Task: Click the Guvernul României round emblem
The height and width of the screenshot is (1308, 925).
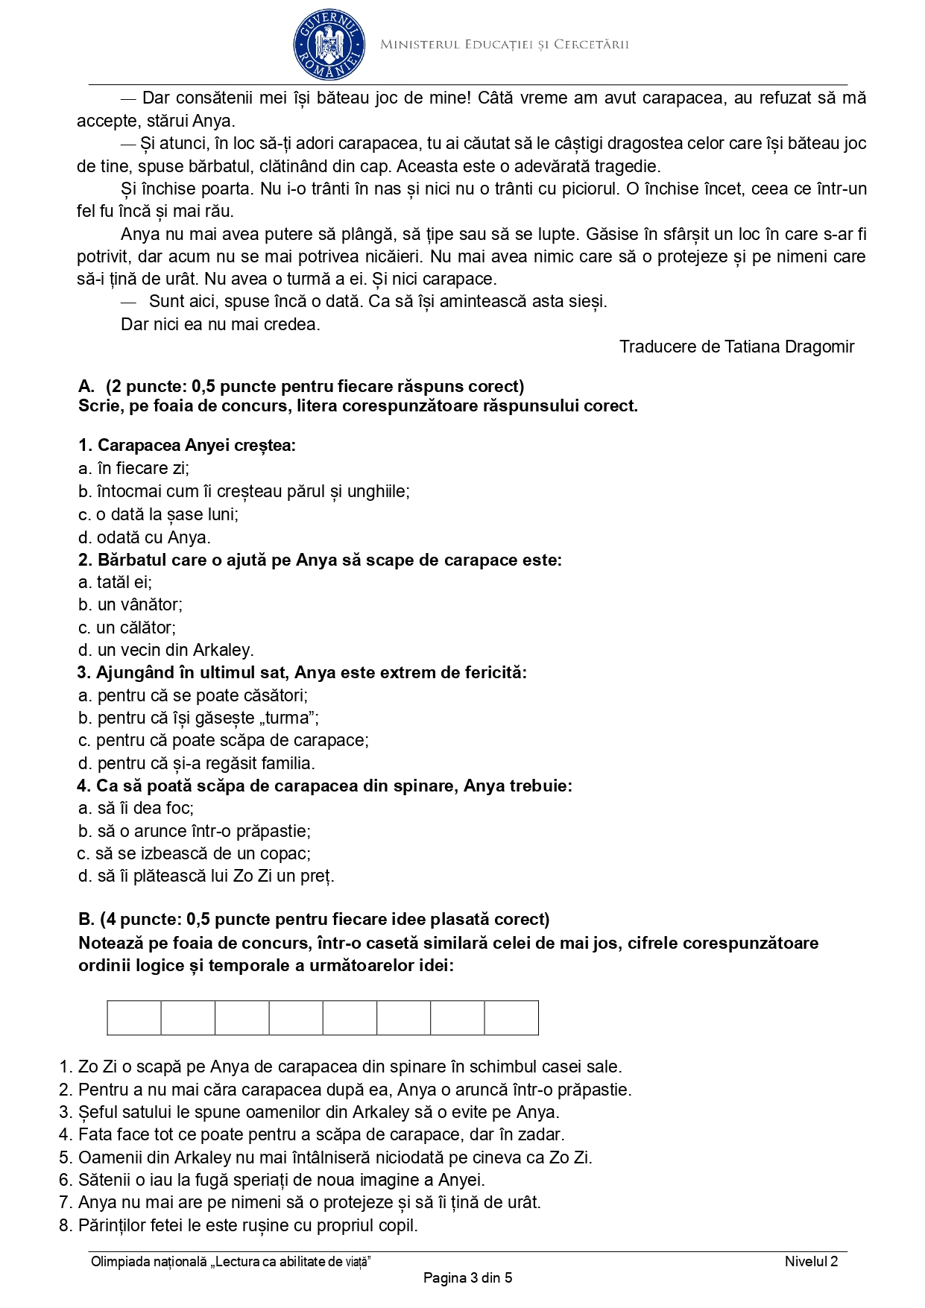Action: (329, 44)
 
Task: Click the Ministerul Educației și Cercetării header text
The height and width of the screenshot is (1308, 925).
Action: (505, 45)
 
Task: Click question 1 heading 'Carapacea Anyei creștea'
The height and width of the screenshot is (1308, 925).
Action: (187, 446)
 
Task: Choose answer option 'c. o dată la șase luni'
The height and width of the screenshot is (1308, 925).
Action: (158, 514)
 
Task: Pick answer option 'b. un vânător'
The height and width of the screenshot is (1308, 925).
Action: (130, 604)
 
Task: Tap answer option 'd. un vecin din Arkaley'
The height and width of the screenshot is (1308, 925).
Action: (165, 650)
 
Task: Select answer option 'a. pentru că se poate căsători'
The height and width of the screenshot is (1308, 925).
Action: (193, 695)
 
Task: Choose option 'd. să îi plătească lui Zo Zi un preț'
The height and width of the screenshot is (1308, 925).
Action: (206, 876)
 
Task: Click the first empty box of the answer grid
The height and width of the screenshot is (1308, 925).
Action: (134, 1018)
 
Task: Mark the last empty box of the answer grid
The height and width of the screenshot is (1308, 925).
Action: (511, 1018)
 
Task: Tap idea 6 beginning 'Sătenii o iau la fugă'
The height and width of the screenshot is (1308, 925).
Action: (271, 1180)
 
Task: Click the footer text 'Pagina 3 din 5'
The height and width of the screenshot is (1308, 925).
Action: (467, 1278)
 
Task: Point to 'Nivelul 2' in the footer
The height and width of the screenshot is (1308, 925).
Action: (811, 1261)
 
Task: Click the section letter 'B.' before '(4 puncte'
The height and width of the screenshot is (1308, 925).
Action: (86, 919)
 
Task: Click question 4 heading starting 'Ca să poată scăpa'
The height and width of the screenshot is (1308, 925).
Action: (324, 786)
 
